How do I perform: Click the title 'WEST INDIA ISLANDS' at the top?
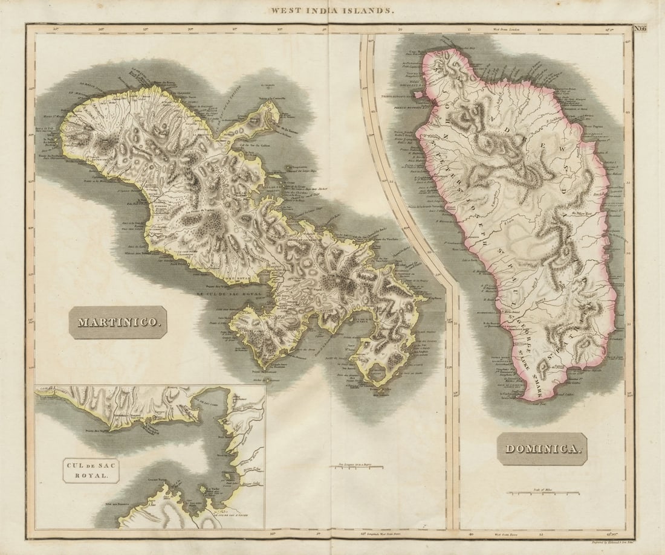[332, 10]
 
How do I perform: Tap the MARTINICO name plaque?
[118, 322]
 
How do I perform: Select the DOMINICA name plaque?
[542, 449]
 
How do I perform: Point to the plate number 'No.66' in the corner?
[640, 28]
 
